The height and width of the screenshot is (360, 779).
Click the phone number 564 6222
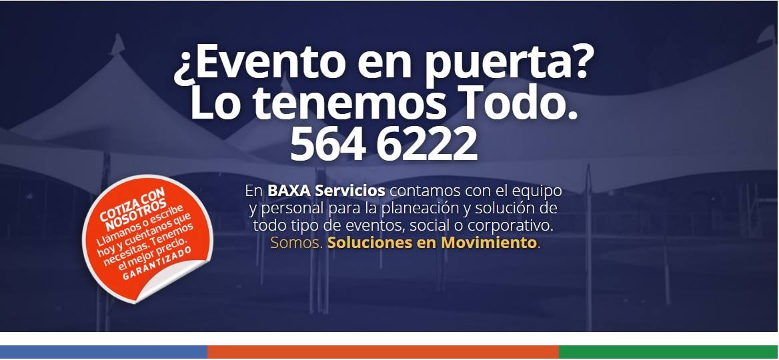tap(383, 143)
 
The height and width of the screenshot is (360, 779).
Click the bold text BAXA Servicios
tap(326, 190)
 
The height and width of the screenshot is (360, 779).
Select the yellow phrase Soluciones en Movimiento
tap(432, 243)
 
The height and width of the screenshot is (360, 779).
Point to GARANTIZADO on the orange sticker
tap(157, 264)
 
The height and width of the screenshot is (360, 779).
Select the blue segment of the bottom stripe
tap(103, 352)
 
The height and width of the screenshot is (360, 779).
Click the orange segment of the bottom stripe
tap(383, 352)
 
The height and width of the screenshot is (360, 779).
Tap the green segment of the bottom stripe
tap(668, 352)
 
